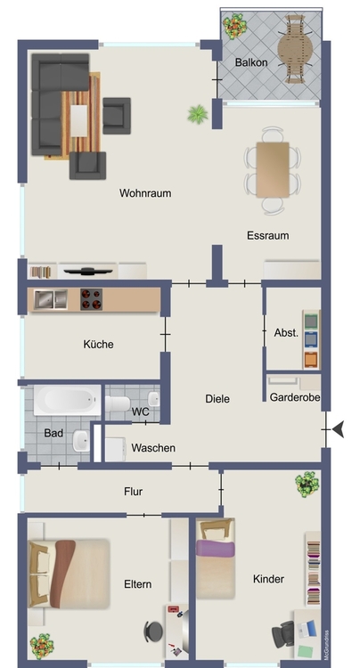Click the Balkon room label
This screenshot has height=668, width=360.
251,62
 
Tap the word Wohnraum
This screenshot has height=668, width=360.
145,193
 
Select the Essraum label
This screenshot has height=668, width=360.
268,236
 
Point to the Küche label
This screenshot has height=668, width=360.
98,344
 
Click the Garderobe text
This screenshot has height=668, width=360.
295,397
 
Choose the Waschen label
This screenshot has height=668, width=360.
153,448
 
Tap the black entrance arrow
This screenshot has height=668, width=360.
339,429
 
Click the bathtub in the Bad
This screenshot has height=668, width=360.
68,400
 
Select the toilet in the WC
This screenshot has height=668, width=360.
118,403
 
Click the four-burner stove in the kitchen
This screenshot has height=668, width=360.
91,299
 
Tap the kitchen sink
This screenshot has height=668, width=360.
51,299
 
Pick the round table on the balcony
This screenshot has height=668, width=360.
295,49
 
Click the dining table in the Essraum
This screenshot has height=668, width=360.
273,170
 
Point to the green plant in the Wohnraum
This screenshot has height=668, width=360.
198,114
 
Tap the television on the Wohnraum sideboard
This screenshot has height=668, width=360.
88,271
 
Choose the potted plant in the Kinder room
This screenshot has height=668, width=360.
307,484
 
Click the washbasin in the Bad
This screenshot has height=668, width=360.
81,441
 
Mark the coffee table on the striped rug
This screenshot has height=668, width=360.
78,121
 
